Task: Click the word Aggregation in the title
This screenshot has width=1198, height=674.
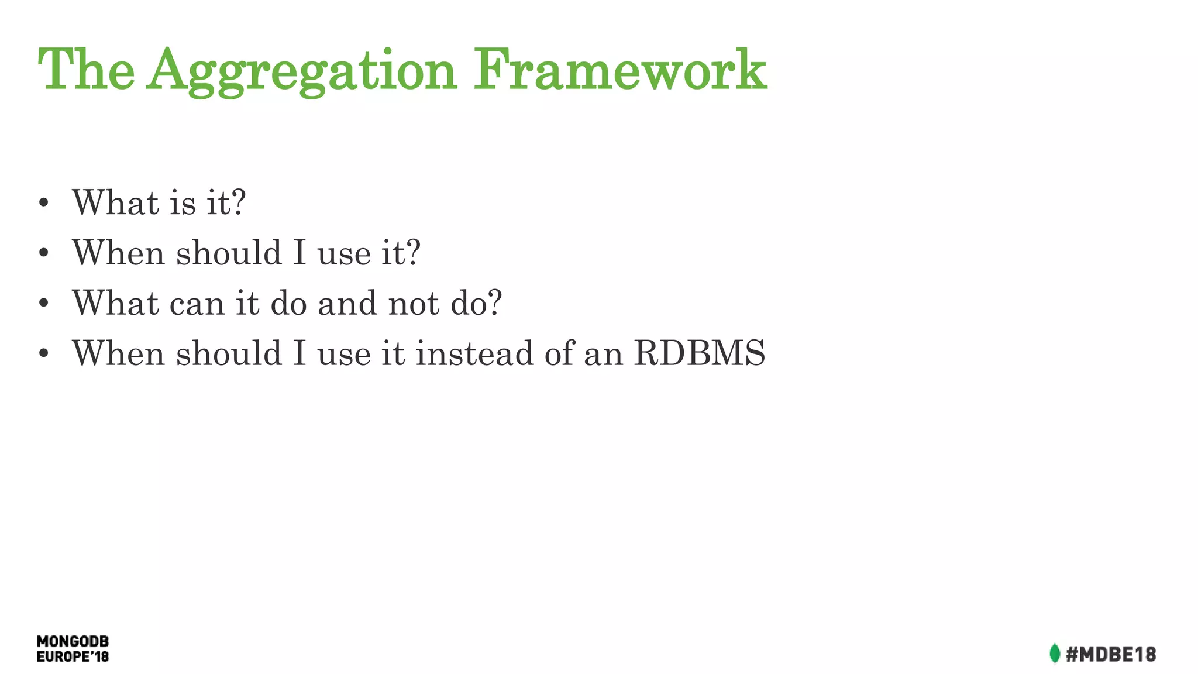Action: pos(302,71)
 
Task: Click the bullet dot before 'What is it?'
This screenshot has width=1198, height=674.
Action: pos(43,204)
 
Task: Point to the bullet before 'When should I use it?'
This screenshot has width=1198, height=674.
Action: pos(43,254)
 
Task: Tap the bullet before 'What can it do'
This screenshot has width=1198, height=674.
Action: pos(43,304)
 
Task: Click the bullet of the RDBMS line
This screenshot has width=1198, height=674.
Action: pos(43,355)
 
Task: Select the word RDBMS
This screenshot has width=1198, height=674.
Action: pos(700,353)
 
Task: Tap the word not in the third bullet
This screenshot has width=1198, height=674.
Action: pos(414,303)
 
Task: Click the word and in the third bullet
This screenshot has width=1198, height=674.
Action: pos(347,303)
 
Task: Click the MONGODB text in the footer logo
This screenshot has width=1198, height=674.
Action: pos(73,642)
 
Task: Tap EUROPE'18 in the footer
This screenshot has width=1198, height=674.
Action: pos(73,657)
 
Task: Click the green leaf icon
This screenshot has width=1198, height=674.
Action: pos(1055,654)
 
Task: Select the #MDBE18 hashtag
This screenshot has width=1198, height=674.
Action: pos(1110,654)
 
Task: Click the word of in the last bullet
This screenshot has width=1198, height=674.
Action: pos(559,353)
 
